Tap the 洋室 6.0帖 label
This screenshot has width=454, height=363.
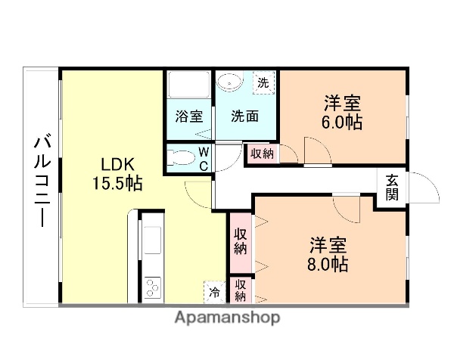click(343, 111)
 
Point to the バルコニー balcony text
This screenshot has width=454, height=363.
click(42, 181)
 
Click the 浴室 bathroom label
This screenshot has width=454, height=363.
click(188, 117)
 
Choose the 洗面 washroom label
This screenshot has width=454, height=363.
click(244, 117)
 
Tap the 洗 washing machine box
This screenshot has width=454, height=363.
click(263, 82)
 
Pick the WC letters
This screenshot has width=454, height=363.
click(204, 159)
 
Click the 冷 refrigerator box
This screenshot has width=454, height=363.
click(215, 291)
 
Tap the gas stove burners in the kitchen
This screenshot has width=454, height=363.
click(152, 288)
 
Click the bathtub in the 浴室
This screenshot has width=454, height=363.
click(188, 85)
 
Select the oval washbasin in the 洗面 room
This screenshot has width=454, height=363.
click(231, 81)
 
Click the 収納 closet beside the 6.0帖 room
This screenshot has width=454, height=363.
click(263, 154)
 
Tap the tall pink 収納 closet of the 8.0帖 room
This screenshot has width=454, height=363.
click(241, 241)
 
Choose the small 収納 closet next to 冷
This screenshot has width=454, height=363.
click(241, 290)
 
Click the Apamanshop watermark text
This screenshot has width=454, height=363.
click(227, 318)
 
